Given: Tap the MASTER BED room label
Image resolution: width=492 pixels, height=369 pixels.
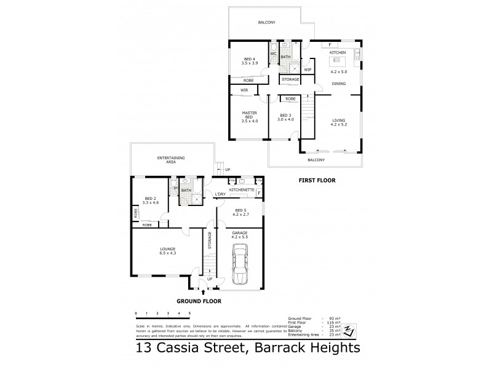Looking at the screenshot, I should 250,116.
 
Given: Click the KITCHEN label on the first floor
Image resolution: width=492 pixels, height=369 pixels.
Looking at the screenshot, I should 338,53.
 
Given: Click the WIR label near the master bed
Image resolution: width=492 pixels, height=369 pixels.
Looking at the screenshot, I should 244,90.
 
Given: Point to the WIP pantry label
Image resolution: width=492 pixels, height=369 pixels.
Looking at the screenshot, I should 307,69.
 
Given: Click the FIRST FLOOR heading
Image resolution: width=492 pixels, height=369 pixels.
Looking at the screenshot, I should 317,180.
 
